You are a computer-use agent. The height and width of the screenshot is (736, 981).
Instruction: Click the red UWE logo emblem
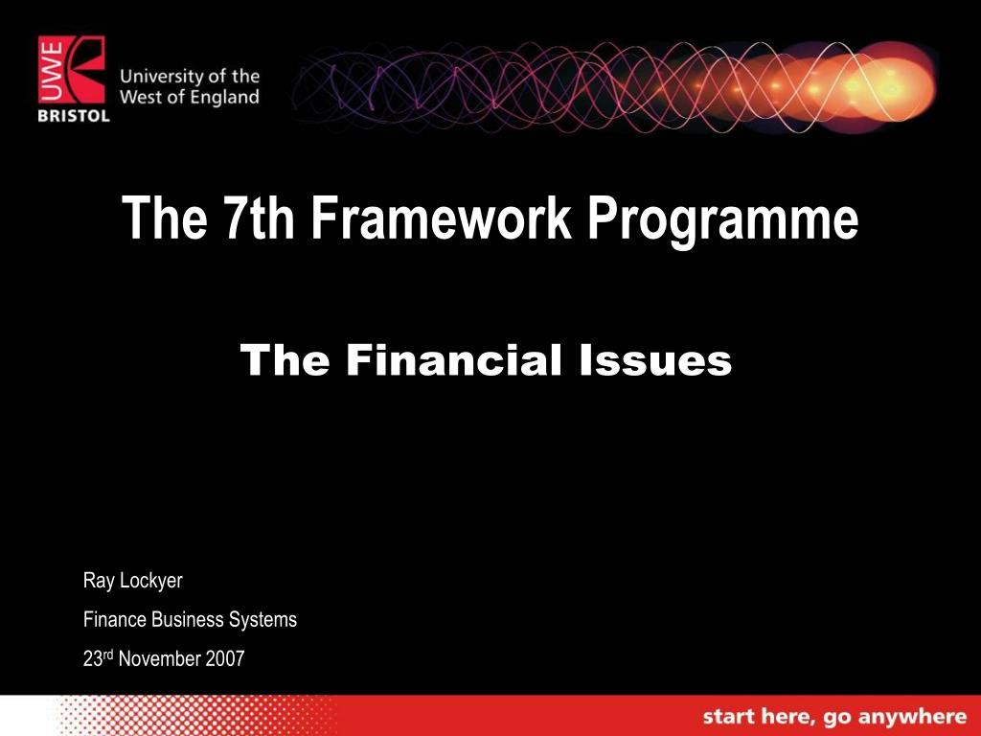73,70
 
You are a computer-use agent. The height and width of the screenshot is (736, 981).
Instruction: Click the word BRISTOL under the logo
74,116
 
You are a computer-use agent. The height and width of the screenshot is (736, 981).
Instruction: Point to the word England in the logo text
224,98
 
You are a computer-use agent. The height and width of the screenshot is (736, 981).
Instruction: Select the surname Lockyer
150,581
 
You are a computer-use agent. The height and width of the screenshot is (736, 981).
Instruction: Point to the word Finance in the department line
115,619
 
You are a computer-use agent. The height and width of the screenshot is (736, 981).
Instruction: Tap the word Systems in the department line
262,619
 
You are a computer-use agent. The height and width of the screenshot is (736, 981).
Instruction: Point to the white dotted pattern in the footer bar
192,716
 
